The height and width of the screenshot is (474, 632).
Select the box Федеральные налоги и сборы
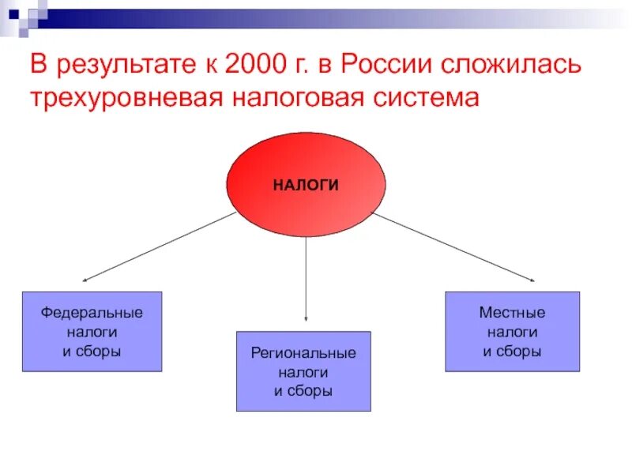pyautogui.click(x=92, y=332)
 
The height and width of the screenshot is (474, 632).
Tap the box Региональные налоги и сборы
pyautogui.click(x=303, y=371)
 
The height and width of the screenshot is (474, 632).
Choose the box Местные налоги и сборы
pyautogui.click(x=512, y=332)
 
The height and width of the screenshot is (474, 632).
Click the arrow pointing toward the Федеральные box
pyautogui.click(x=158, y=246)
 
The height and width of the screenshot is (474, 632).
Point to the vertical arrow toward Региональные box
pyautogui.click(x=307, y=276)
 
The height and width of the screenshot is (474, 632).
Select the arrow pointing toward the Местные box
pyautogui.click(x=454, y=246)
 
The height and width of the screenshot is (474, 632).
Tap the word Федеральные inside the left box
pyautogui.click(x=92, y=313)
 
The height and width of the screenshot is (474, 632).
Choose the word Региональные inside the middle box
pyautogui.click(x=303, y=352)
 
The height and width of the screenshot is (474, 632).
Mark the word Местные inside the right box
pyautogui.click(x=512, y=313)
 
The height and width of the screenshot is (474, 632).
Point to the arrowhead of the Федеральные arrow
pyautogui.click(x=85, y=280)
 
